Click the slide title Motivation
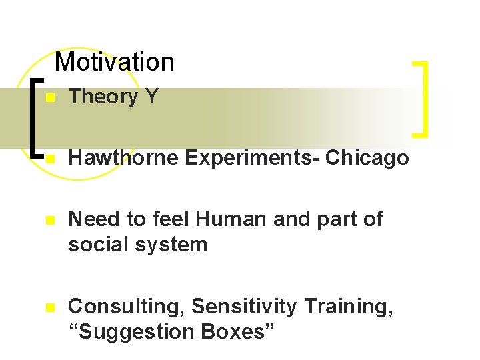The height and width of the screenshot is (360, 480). coord(114,62)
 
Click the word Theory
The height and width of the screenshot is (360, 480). coord(103,97)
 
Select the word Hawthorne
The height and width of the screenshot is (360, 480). coord(124,158)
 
